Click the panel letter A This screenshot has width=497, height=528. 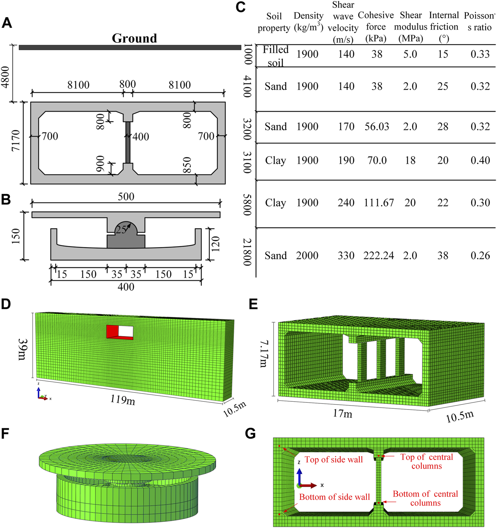7,23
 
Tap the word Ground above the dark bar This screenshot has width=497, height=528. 134,38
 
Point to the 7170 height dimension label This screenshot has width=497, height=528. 16,141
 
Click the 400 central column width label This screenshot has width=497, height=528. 141,137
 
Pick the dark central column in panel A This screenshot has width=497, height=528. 128,143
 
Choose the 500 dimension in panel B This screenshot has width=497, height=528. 126,197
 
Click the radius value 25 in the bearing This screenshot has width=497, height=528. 121,230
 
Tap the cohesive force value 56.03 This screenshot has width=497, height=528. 377,127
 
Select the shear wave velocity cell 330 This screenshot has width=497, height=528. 346,255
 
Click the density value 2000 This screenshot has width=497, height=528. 307,255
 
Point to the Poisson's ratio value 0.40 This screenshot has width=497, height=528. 480,160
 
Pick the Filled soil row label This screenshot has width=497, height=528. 275,56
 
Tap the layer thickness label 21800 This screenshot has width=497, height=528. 247,252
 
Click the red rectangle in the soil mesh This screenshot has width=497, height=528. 112,331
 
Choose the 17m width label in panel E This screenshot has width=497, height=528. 342,413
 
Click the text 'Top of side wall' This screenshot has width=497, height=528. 334,460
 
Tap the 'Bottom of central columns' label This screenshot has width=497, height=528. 425,498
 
